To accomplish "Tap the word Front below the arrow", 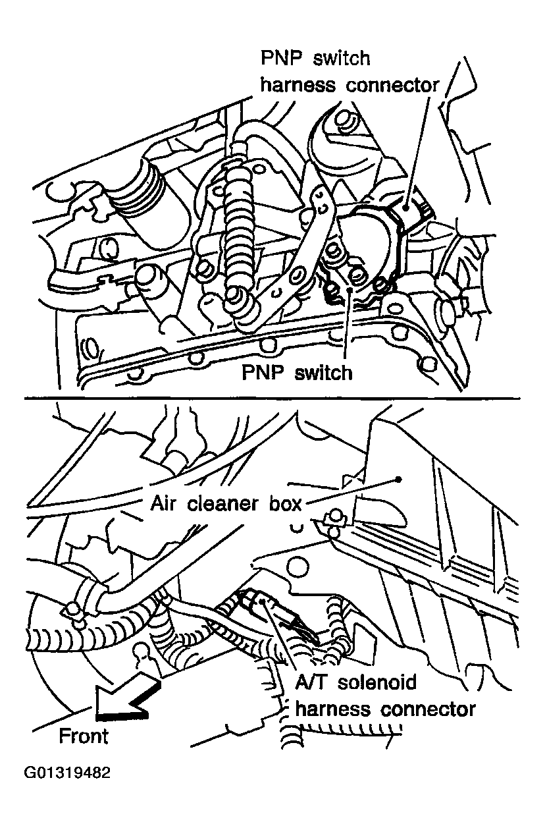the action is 84,736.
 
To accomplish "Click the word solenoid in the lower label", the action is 377,682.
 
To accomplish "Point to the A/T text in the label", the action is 310,682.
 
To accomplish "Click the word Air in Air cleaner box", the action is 163,503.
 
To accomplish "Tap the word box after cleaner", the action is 285,503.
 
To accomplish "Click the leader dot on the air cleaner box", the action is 398,480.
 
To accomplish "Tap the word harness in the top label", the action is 298,85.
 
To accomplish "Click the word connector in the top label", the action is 392,86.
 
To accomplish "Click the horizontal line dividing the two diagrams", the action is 272,399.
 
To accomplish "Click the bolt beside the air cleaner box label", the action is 334,518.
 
